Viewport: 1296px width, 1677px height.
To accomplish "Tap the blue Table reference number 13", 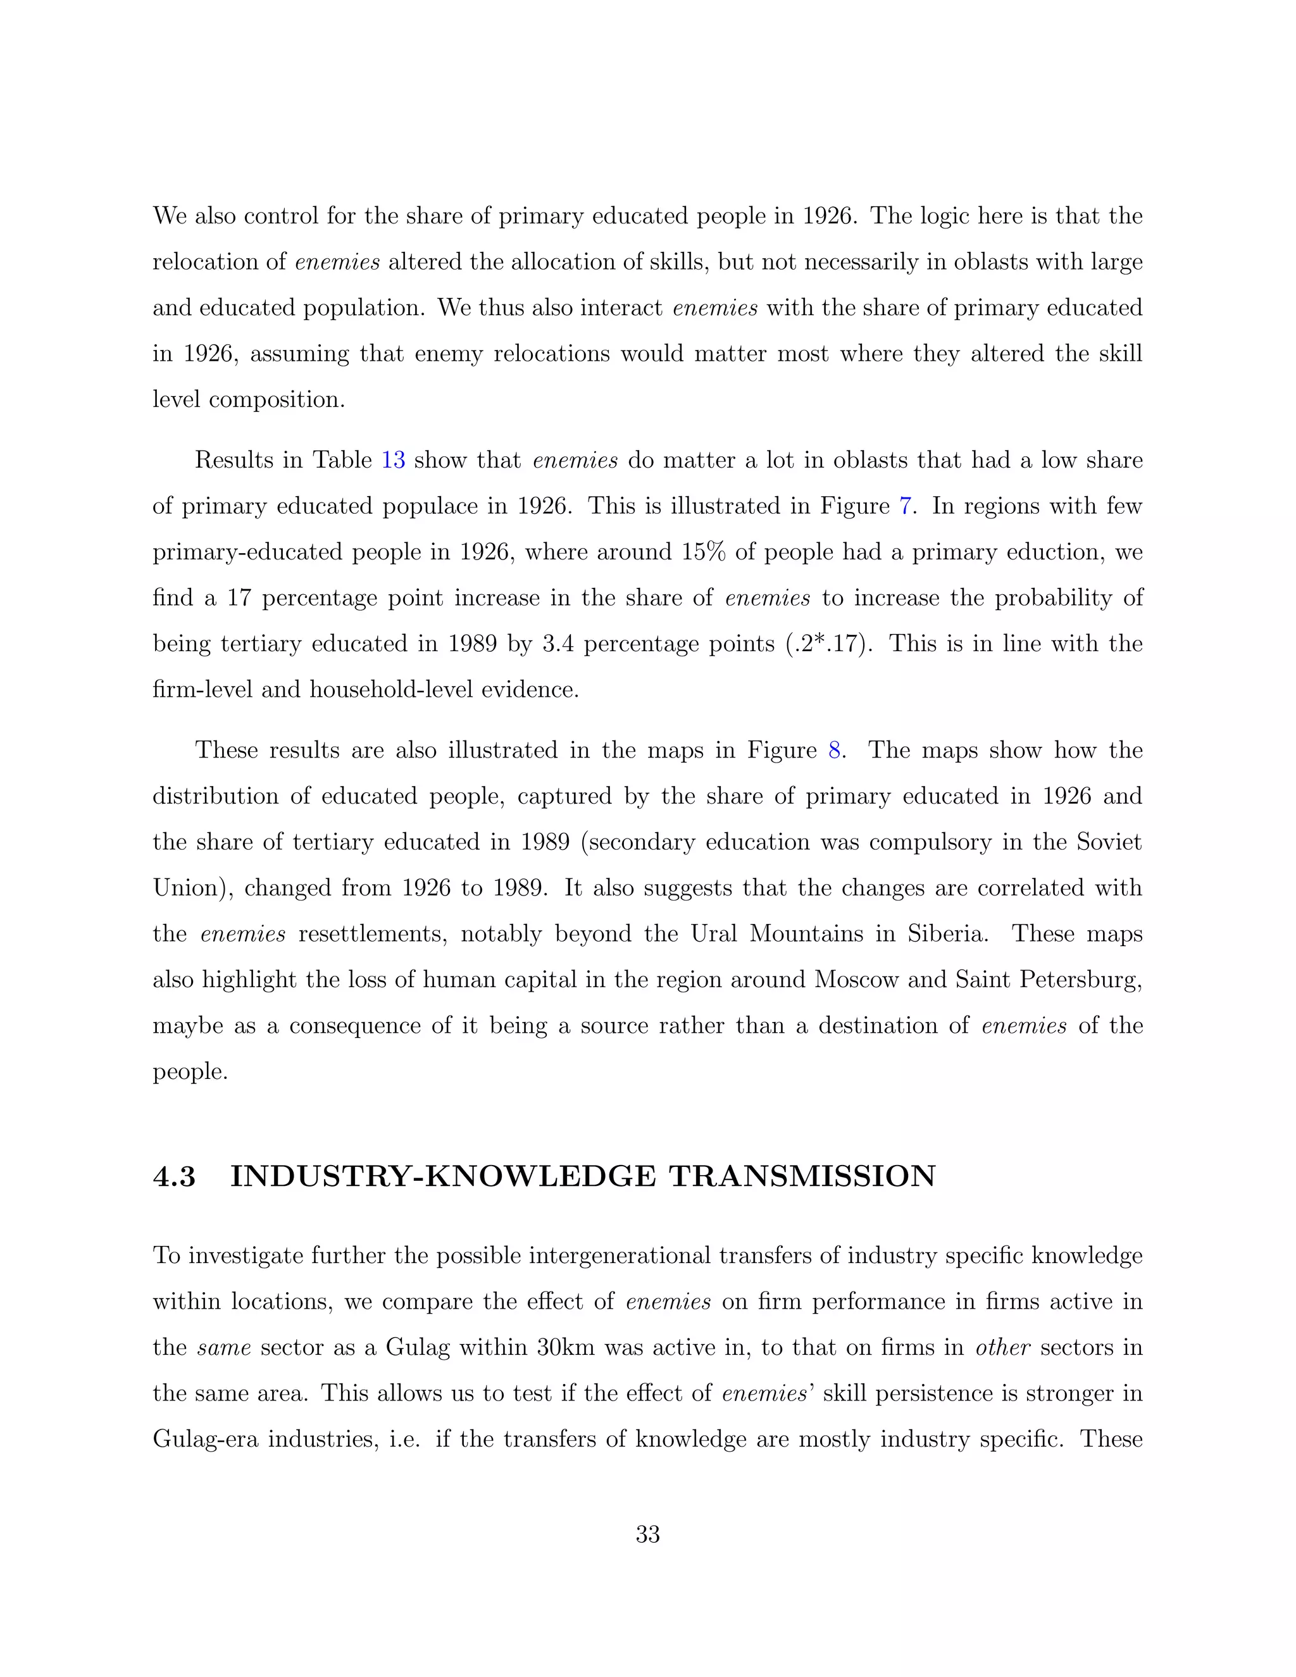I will pyautogui.click(x=393, y=460).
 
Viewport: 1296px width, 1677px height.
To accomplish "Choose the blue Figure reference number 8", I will pyautogui.click(x=835, y=750).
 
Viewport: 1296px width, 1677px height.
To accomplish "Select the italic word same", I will pyautogui.click(x=224, y=1347).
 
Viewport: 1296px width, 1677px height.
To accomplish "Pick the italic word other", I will pyautogui.click(x=1003, y=1347).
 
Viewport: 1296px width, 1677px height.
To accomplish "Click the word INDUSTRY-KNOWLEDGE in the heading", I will pyautogui.click(x=443, y=1176).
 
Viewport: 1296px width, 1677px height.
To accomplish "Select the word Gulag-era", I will pyautogui.click(x=204, y=1439).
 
